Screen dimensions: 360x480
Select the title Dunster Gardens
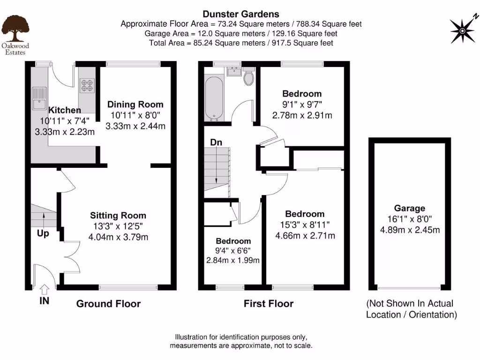pos(241,15)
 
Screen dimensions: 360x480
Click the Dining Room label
pos(135,105)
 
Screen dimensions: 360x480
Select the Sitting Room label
pos(118,216)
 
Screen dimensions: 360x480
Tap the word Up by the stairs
pos(43,233)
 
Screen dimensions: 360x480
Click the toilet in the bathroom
pos(248,77)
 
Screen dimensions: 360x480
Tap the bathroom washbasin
pos(233,71)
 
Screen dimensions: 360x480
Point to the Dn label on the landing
pos(216,142)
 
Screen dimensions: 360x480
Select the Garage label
pos(409,208)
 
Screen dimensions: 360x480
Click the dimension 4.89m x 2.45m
pos(409,230)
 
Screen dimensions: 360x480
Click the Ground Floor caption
pos(108,304)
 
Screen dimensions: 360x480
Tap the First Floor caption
pos(268,304)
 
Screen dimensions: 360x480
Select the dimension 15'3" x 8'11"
pos(305,225)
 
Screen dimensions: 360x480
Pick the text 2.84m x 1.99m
pos(233,260)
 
